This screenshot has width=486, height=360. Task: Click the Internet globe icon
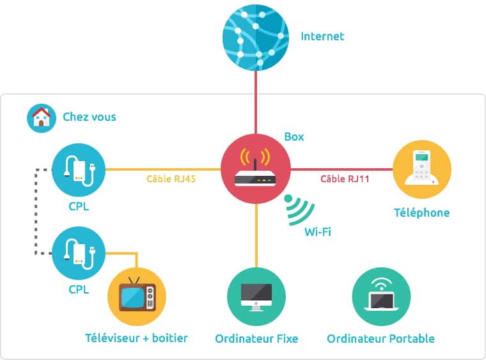pos(255,36)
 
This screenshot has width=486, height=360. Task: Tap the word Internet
pos(322,36)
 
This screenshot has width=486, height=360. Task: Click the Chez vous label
pos(90,118)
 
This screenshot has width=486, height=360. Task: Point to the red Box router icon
pos(256,169)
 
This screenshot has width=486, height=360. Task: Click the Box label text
pos(294,137)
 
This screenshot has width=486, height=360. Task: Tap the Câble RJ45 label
pos(171,179)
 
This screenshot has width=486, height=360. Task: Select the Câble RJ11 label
pos(345,179)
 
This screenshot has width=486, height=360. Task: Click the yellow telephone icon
pos(421,169)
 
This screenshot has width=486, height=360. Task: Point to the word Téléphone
pos(421,213)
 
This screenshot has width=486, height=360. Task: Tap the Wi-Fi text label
pos(318,231)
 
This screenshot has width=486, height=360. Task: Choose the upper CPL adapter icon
pos(80,169)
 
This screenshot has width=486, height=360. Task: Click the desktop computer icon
pos(256,296)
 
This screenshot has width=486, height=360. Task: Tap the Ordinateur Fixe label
pos(256,338)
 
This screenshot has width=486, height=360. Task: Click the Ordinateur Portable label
pos(380,338)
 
